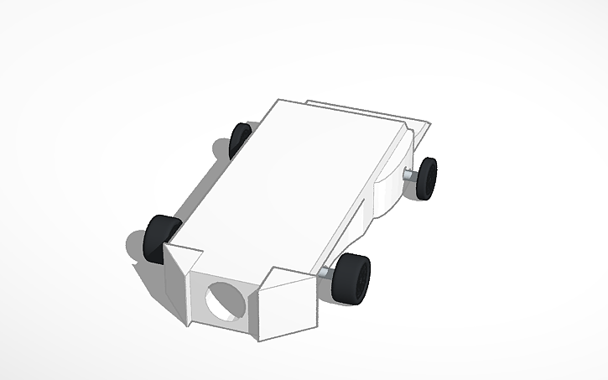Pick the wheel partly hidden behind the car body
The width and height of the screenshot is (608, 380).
tap(240, 139)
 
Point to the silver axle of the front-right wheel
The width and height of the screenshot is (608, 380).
tap(325, 273)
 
